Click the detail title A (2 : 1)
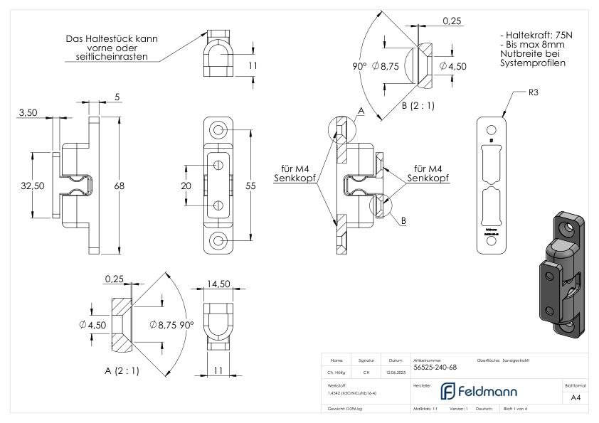point(120,370)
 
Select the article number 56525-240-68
point(436,368)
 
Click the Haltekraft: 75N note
point(534,34)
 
